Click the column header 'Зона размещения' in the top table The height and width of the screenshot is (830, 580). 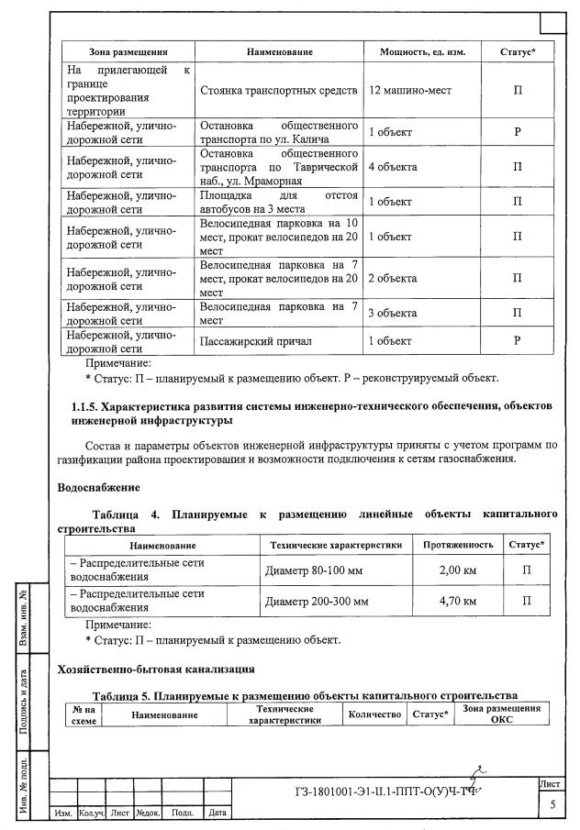click(x=125, y=52)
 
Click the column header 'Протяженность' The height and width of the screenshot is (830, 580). click(x=457, y=545)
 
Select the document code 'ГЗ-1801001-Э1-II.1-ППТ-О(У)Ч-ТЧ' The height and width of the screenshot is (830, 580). click(x=385, y=792)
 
